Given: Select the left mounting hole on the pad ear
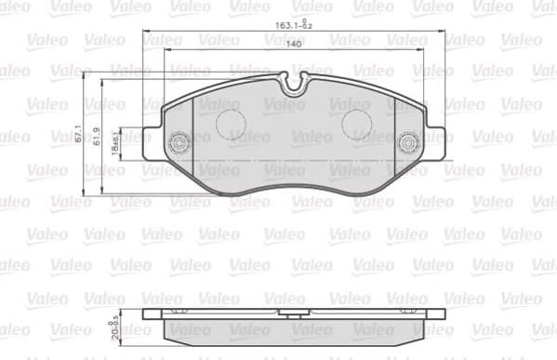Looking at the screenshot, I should (179, 141).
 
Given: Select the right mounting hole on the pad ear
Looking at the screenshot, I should (406, 143).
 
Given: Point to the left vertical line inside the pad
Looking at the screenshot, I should (193, 140).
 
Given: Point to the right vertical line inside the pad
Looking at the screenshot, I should (393, 140).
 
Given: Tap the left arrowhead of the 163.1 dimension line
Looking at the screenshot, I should (146, 34).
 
